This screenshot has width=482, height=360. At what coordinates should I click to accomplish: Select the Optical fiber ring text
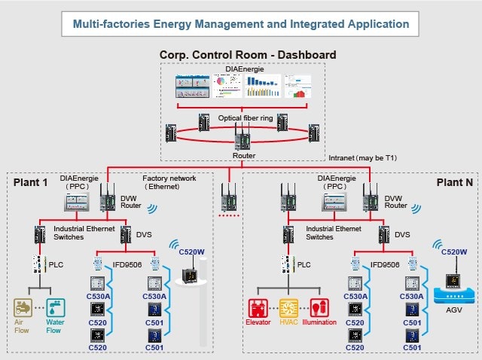tap(246, 118)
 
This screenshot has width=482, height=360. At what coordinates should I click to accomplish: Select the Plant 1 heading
tap(30, 183)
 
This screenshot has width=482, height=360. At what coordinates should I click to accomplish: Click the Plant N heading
tap(452, 183)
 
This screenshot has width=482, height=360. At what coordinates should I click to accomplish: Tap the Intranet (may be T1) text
tap(362, 158)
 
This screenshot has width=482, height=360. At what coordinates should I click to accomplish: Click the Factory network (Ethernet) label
tap(169, 183)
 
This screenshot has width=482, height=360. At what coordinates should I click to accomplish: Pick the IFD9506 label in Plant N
tap(385, 265)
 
